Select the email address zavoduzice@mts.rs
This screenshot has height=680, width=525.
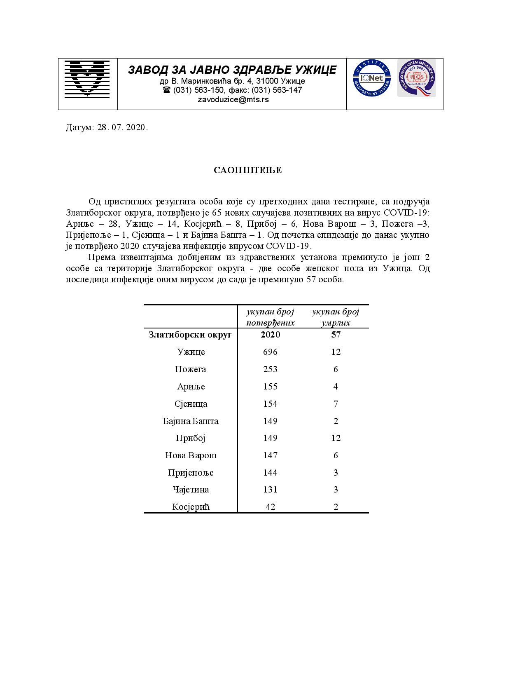click(x=233, y=99)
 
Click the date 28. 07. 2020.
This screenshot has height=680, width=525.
click(x=122, y=127)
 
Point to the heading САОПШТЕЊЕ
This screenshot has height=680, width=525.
click(x=248, y=170)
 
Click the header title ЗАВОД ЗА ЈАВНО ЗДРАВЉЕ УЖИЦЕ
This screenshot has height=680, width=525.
click(x=232, y=70)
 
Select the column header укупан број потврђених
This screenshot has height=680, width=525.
click(x=271, y=317)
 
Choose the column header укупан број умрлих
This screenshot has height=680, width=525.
click(x=336, y=317)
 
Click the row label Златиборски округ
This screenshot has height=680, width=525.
click(x=190, y=335)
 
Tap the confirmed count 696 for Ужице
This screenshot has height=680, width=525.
click(x=271, y=352)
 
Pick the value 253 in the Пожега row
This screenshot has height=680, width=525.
click(x=271, y=369)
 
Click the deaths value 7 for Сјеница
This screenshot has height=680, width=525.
click(x=336, y=404)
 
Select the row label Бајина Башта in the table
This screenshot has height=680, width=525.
click(x=191, y=421)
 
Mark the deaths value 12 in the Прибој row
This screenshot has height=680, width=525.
click(x=336, y=438)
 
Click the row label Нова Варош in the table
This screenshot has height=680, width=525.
click(x=191, y=455)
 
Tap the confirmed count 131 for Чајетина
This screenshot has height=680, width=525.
click(x=271, y=490)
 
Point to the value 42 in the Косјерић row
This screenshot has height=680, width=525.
click(x=271, y=507)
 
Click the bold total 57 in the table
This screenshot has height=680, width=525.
click(x=336, y=335)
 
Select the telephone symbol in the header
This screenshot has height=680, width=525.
click(x=167, y=90)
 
